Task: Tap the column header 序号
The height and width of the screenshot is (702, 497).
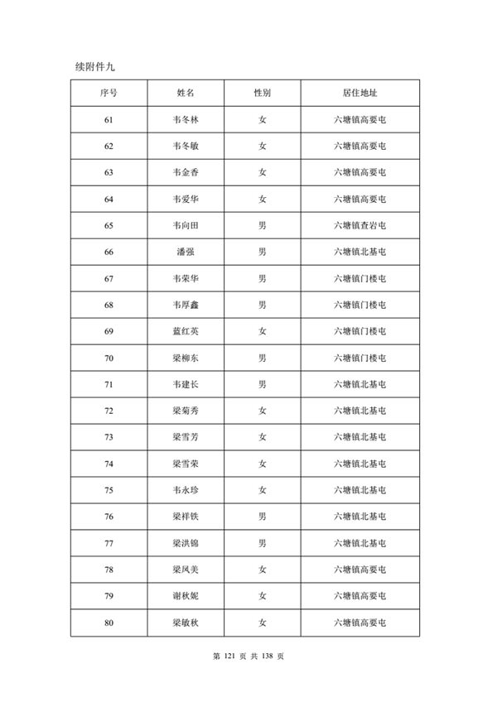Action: tap(109, 94)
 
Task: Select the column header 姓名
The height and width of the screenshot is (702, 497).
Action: tap(186, 94)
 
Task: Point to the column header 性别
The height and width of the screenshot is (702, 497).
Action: tap(262, 94)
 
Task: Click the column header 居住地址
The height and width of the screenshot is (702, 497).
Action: tap(359, 94)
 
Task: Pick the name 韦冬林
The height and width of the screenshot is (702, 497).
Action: tap(186, 120)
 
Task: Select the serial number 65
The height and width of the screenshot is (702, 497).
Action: tap(109, 226)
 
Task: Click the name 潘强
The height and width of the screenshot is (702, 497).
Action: tap(186, 252)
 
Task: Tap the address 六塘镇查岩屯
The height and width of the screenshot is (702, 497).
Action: tap(359, 226)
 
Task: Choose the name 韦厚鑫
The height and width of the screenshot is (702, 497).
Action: tap(186, 305)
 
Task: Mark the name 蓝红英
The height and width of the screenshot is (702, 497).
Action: tap(186, 332)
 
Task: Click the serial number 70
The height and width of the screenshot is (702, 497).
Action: tap(109, 358)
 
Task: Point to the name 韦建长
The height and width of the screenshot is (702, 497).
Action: tap(186, 385)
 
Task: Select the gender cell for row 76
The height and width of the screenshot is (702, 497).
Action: tap(262, 517)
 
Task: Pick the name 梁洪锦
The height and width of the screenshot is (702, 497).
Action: tap(186, 544)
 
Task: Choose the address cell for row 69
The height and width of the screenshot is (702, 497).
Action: tap(359, 332)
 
